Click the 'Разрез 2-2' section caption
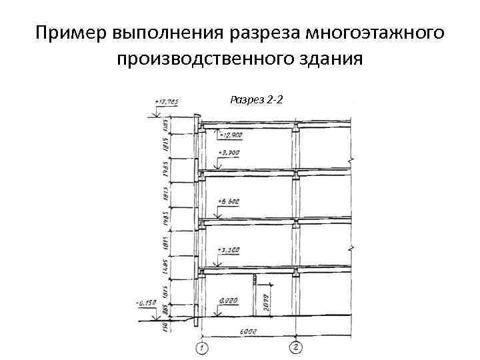pyautogui.click(x=257, y=100)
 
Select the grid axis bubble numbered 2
pyautogui.click(x=296, y=347)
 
